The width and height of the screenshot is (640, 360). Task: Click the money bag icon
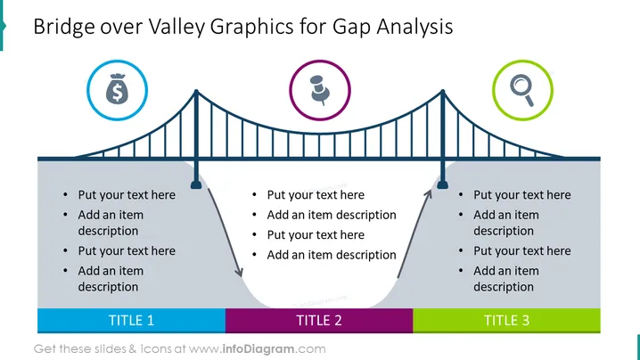click(117, 88)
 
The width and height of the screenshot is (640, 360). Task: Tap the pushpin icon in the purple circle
click(320, 90)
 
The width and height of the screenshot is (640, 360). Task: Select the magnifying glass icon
click(522, 90)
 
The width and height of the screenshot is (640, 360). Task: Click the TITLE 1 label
click(131, 321)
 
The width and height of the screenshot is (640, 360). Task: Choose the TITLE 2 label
click(319, 321)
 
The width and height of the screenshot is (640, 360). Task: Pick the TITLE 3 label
click(506, 321)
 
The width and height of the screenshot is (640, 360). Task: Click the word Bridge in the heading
click(64, 27)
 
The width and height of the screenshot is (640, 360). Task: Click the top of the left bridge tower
click(196, 92)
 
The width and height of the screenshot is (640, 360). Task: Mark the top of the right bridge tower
click(443, 92)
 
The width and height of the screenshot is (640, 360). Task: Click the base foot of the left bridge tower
click(196, 184)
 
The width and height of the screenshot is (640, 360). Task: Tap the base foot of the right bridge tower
click(443, 184)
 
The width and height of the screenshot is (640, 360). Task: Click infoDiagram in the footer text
click(258, 349)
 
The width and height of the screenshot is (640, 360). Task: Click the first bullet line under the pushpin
click(316, 195)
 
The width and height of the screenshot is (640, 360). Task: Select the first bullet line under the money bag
click(127, 195)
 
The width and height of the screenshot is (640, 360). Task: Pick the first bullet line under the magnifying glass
click(522, 195)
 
